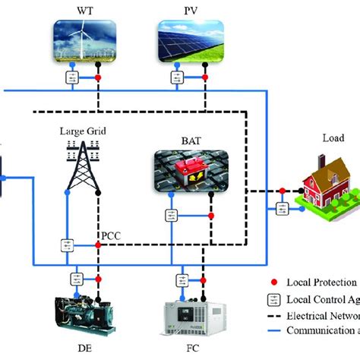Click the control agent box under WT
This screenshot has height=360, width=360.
pyautogui.click(x=72, y=79)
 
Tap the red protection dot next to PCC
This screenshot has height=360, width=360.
pyautogui.click(x=98, y=246)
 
